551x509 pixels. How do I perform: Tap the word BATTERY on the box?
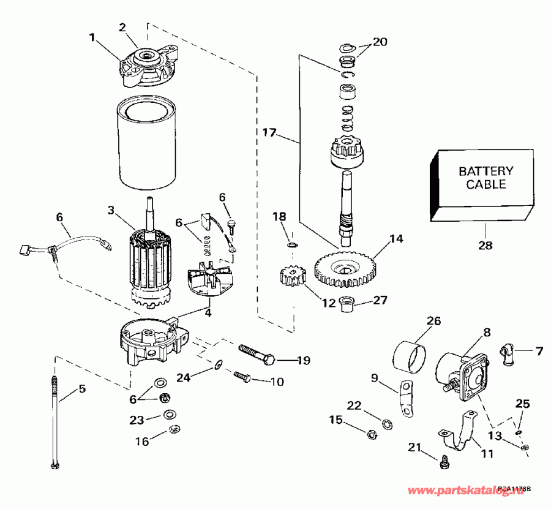[486, 171]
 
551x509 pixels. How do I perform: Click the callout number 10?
[277, 382]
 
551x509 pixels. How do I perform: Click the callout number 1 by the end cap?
[92, 37]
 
